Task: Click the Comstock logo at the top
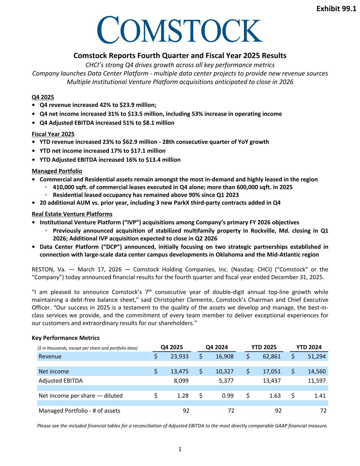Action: [x=180, y=30]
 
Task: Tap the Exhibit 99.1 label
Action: [x=336, y=9]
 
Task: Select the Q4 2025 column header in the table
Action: [x=172, y=347]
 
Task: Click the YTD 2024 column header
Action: [x=309, y=347]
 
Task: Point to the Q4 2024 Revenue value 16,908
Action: [x=224, y=356]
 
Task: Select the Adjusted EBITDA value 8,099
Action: [x=181, y=380]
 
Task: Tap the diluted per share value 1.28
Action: [x=183, y=396]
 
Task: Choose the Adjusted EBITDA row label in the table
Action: [x=60, y=380]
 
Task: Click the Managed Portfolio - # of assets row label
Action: [x=80, y=411]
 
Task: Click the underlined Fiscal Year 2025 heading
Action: [x=53, y=134]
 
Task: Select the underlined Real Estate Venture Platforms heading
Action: [x=72, y=214]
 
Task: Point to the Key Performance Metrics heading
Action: [x=66, y=338]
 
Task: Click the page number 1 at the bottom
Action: [x=180, y=449]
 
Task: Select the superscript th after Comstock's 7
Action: [x=150, y=290]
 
